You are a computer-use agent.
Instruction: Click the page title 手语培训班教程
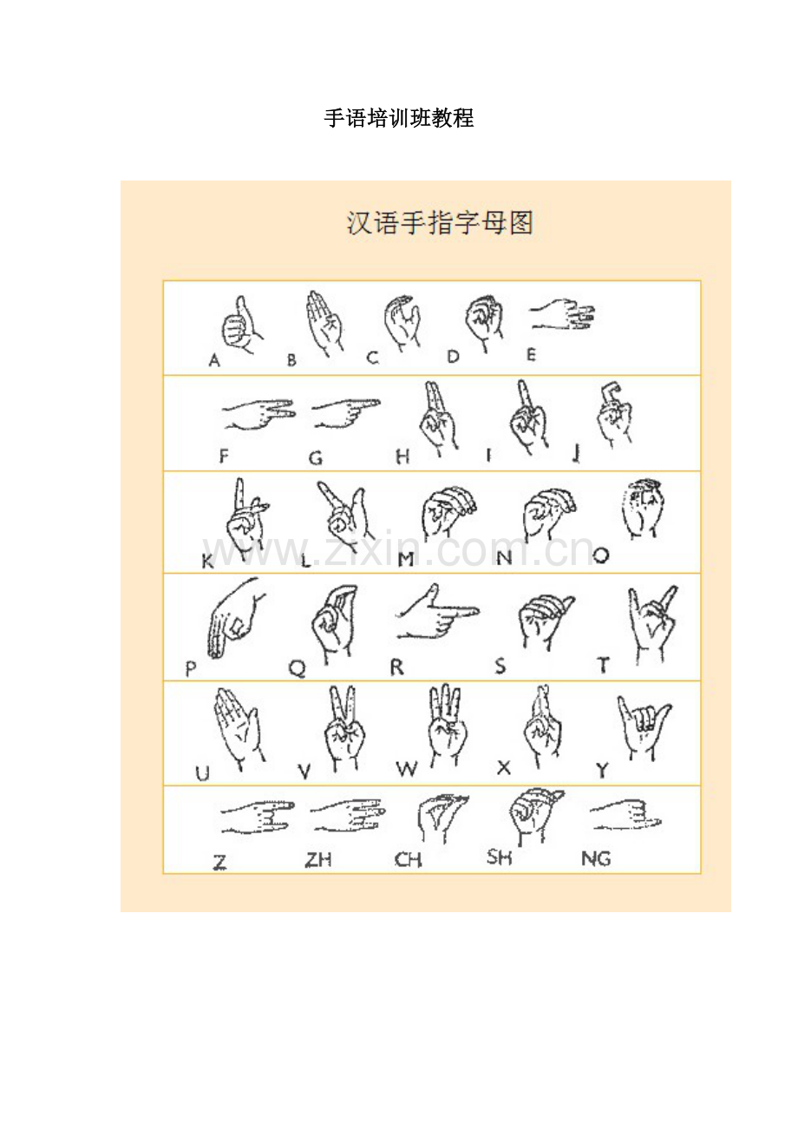coord(398,119)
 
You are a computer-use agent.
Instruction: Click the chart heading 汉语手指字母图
coord(440,223)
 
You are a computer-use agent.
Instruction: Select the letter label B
coord(291,360)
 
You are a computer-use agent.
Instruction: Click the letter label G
coord(316,458)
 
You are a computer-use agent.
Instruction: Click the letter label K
coord(207,562)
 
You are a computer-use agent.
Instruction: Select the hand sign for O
coord(643,509)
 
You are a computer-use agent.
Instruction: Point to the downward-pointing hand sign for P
coord(234,618)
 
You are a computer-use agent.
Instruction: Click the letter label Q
coord(297,669)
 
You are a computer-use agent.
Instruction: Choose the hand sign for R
coord(437,613)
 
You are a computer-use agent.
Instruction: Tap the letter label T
coord(603,666)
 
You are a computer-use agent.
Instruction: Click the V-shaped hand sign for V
coord(345,728)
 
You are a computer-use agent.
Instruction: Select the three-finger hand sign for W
coord(447,725)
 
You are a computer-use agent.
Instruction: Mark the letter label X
coord(504,768)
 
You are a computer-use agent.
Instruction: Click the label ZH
coord(318,859)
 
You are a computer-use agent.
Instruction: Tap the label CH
coord(408,859)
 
